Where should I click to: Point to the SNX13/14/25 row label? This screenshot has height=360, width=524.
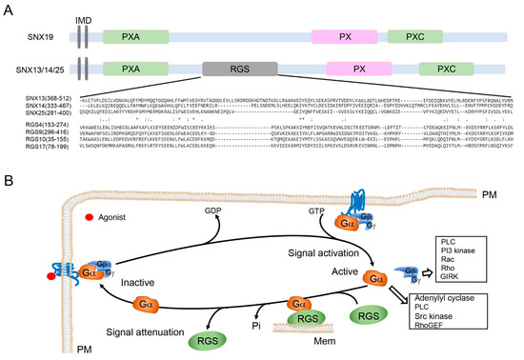(36, 70)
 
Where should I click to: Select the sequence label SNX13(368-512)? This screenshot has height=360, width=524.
(30, 97)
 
